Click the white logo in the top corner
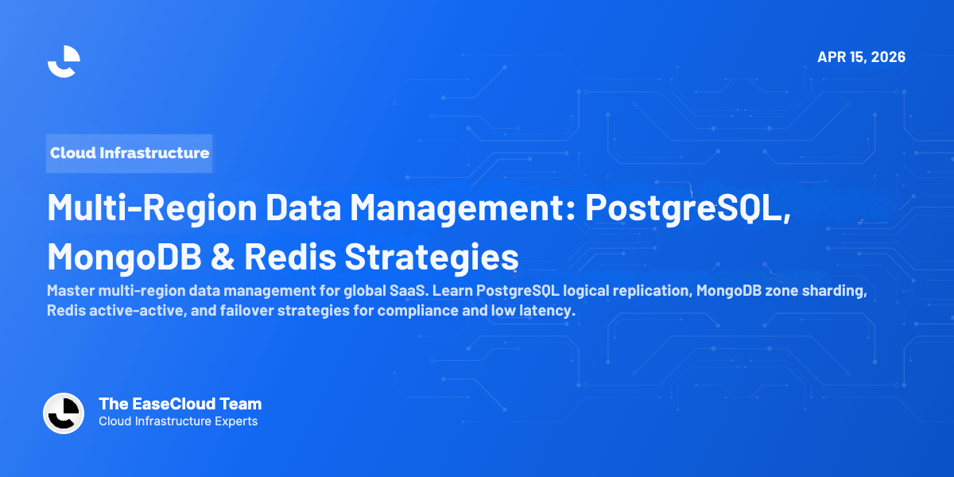click(64, 61)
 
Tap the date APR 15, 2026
click(861, 57)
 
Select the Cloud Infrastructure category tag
click(130, 153)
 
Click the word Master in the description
click(69, 291)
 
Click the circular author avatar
click(64, 413)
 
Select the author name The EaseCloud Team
click(180, 404)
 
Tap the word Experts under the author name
click(235, 421)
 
